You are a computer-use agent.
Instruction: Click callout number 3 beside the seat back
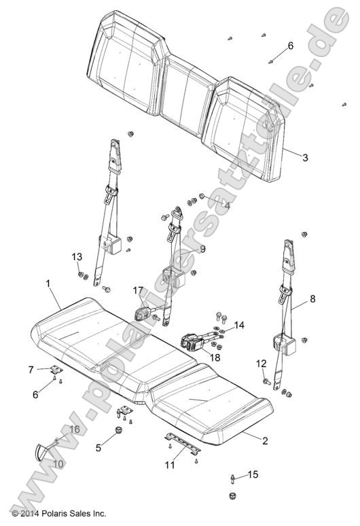[x=305, y=158]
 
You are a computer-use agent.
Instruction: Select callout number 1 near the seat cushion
[x=48, y=282]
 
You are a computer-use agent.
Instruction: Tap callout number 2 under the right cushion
[x=265, y=440]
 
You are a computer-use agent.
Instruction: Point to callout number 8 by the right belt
[x=312, y=298]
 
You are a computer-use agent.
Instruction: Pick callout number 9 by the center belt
[x=202, y=249]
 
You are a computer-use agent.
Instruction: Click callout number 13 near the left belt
[x=77, y=256]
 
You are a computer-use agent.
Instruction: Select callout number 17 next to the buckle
[x=138, y=291]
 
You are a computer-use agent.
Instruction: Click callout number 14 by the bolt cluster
[x=238, y=326]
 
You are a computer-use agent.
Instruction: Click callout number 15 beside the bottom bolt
[x=253, y=474]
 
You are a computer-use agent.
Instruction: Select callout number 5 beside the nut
[x=98, y=447]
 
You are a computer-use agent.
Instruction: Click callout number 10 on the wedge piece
[x=58, y=463]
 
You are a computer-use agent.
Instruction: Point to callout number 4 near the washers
[x=227, y=205]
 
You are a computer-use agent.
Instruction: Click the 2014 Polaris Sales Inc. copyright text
[x=54, y=514]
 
